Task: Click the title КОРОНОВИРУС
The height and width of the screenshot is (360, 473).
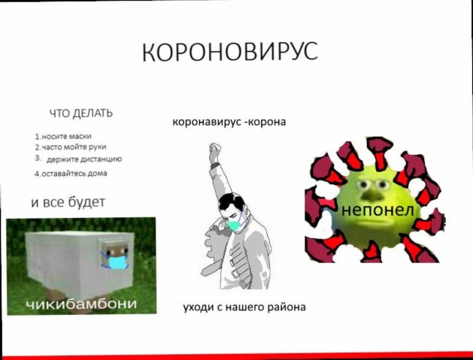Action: [x=230, y=52]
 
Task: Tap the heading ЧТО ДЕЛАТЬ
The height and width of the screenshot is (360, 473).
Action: [x=81, y=113]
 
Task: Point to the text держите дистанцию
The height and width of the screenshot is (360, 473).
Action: [x=84, y=159]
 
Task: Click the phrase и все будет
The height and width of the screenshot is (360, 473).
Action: [x=68, y=202]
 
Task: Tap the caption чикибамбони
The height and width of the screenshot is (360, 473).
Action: [x=81, y=304]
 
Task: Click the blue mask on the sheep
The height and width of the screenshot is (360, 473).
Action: [x=116, y=262]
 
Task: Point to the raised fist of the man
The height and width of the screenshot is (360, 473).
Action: [x=215, y=150]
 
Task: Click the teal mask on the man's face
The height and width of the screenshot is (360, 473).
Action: [x=236, y=225]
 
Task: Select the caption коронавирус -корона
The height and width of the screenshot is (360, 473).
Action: [x=229, y=122]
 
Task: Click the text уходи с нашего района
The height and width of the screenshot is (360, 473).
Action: [x=244, y=307]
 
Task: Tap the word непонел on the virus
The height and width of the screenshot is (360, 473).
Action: [x=377, y=210]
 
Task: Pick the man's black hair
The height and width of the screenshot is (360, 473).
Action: [x=233, y=201]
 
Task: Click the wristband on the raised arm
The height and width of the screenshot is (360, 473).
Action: [x=215, y=165]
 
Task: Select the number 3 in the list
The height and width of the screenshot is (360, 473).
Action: [x=38, y=158]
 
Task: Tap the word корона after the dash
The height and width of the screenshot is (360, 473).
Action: [x=268, y=122]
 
